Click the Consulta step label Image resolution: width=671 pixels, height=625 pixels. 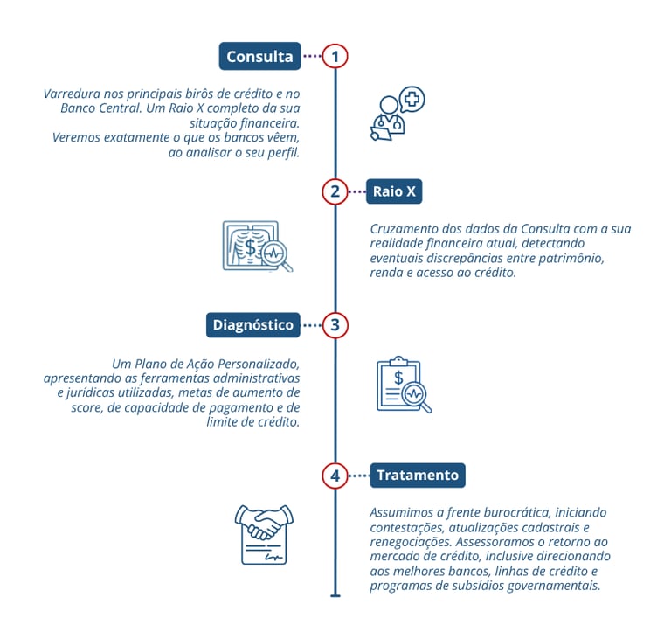pyautogui.click(x=259, y=56)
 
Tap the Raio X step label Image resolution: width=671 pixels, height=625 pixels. pyautogui.click(x=394, y=191)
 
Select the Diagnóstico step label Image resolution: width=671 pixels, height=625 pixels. pyautogui.click(x=253, y=325)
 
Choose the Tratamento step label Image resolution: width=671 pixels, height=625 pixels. pyautogui.click(x=418, y=476)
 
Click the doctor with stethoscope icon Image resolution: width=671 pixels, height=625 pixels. pyautogui.click(x=388, y=119)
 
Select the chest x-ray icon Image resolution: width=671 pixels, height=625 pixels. pyautogui.click(x=251, y=246)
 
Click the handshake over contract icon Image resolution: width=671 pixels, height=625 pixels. pyautogui.click(x=264, y=534)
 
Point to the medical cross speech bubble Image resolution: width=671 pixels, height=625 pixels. pyautogui.click(x=412, y=100)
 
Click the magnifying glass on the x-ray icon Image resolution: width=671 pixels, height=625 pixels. pyautogui.click(x=276, y=256)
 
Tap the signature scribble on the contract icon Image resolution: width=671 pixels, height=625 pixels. pyautogui.click(x=273, y=557)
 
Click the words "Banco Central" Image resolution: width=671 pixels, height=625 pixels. pyautogui.click(x=100, y=108)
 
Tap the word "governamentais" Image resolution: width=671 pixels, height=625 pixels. pyautogui.click(x=554, y=586)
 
